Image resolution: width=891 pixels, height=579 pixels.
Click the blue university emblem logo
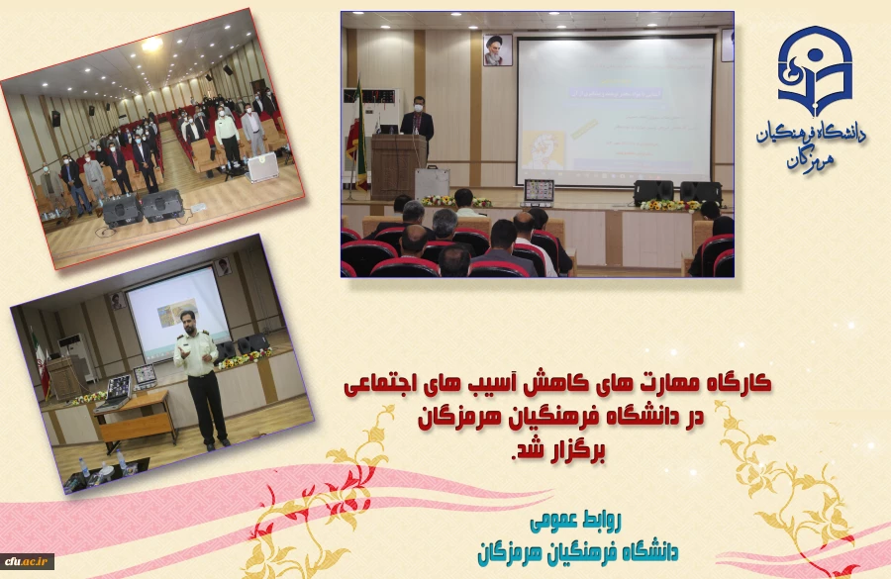pos(814,70)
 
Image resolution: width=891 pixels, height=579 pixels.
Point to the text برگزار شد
pos(561,451)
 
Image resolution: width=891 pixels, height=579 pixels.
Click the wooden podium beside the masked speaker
pos(398,165)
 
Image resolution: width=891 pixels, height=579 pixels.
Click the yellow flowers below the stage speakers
pos(669,205)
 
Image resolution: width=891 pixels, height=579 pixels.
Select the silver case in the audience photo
pos(262,167)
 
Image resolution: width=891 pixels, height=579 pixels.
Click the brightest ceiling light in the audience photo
pos(150,45)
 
